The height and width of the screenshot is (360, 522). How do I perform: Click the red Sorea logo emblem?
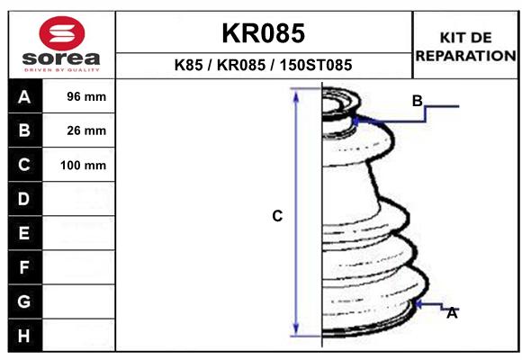point(62,33)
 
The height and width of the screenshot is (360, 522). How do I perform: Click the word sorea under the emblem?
point(61,58)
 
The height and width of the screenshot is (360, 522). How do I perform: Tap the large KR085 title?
point(264,33)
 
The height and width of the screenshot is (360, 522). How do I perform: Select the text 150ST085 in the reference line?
point(316,66)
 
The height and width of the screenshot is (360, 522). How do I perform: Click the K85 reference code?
point(188,66)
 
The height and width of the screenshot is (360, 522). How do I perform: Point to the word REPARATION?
point(465,56)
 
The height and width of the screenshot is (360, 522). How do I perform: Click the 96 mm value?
point(86,96)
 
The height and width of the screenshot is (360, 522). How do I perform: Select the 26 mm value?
point(86,130)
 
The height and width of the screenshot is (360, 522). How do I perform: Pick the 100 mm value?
point(83,166)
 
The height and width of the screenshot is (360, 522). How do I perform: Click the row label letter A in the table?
point(24,97)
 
